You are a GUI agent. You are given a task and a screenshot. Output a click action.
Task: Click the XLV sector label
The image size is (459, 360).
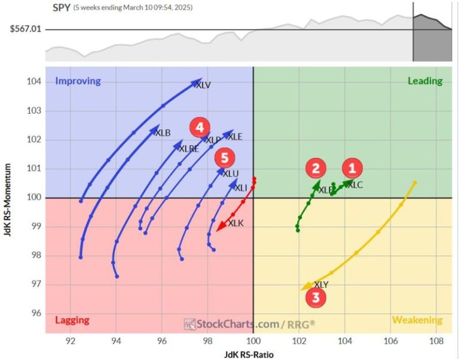[203, 86]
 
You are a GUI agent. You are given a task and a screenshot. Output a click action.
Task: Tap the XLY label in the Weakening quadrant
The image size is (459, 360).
[321, 285]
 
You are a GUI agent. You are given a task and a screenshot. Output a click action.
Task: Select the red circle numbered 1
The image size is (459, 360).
[352, 169]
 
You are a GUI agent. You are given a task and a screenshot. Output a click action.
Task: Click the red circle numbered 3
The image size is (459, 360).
[316, 297]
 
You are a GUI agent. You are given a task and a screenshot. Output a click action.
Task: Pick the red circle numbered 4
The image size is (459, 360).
[200, 127]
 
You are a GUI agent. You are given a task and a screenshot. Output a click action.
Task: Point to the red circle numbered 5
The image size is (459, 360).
[224, 158]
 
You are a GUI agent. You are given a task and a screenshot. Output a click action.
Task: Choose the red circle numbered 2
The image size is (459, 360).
[316, 169]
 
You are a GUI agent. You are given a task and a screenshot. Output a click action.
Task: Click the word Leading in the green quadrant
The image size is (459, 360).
[425, 81]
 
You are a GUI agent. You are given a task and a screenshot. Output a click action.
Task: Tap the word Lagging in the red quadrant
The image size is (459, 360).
[71, 320]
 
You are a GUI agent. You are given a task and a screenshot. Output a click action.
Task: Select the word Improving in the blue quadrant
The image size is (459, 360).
[78, 81]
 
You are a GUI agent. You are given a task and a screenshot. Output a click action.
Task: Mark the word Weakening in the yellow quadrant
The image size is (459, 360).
[417, 320]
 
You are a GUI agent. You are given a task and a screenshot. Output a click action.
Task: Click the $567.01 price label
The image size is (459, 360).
[23, 28]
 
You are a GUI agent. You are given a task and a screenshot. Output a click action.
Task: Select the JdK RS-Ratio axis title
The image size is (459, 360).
[249, 354]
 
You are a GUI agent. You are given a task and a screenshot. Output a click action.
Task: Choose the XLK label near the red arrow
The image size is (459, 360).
[236, 223]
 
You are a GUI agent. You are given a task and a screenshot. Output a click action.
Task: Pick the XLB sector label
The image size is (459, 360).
[163, 133]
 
